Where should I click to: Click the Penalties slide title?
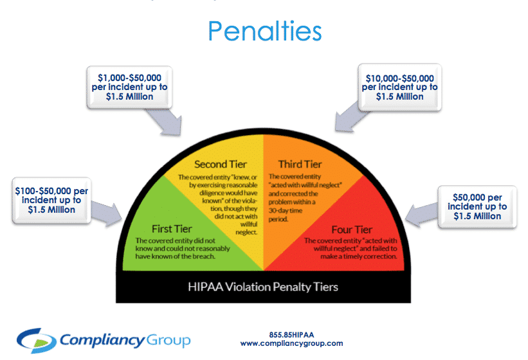[264, 30]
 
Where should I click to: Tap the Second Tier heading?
[221, 164]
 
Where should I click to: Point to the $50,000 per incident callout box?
[477, 207]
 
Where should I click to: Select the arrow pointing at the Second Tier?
[163, 122]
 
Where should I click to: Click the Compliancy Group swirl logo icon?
[36, 339]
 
